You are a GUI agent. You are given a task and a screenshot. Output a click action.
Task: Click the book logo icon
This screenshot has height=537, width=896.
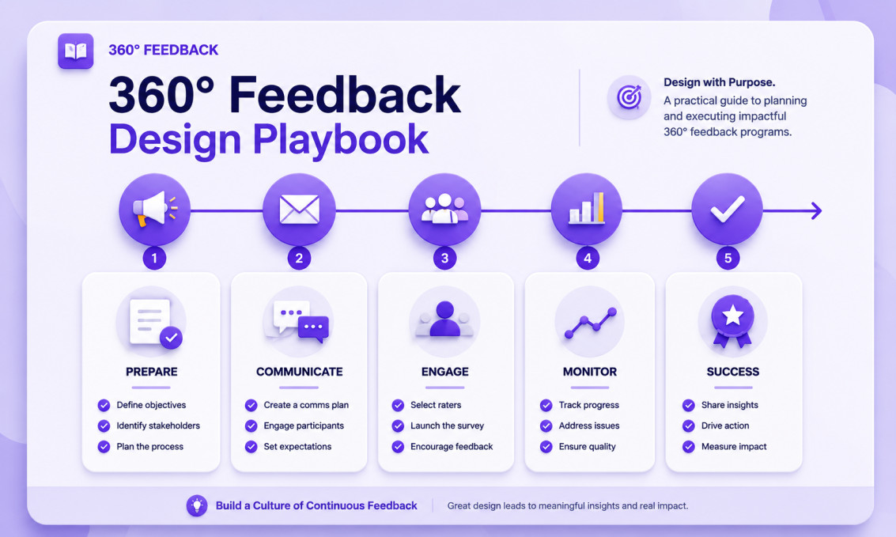tap(75, 51)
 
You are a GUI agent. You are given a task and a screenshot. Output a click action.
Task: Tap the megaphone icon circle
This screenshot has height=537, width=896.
tap(154, 210)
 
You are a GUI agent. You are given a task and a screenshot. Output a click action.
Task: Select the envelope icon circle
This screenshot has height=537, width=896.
tap(299, 210)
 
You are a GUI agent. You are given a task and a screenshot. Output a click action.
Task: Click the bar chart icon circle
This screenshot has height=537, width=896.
tap(586, 210)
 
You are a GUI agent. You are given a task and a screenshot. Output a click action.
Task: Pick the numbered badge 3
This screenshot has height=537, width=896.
tap(444, 258)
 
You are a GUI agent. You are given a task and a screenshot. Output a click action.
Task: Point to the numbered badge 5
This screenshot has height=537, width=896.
tap(728, 258)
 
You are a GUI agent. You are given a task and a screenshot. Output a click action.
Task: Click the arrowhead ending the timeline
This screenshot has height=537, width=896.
tap(817, 211)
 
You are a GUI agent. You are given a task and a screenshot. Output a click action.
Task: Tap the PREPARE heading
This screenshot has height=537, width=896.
tap(151, 372)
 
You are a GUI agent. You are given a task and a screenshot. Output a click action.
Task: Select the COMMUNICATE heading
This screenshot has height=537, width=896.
tap(300, 372)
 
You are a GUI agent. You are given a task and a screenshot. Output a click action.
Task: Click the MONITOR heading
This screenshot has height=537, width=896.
tap(590, 372)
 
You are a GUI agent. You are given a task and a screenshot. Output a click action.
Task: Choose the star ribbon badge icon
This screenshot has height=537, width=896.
tap(732, 321)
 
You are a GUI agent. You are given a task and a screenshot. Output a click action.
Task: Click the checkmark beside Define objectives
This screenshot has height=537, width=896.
tap(104, 405)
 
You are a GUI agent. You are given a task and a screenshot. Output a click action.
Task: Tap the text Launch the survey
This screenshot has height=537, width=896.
tap(447, 425)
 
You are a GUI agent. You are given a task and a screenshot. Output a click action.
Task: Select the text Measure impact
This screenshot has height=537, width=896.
tap(734, 447)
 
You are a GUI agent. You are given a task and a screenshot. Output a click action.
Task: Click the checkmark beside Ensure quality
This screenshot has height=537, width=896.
tap(546, 447)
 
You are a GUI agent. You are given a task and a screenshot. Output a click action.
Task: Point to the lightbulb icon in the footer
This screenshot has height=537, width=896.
tap(197, 505)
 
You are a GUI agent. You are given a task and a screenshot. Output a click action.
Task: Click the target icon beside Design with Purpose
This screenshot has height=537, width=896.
tap(629, 97)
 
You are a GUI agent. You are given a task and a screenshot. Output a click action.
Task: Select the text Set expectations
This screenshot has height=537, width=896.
tap(297, 447)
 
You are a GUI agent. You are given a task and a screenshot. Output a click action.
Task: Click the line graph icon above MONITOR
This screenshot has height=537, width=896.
tap(590, 323)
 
